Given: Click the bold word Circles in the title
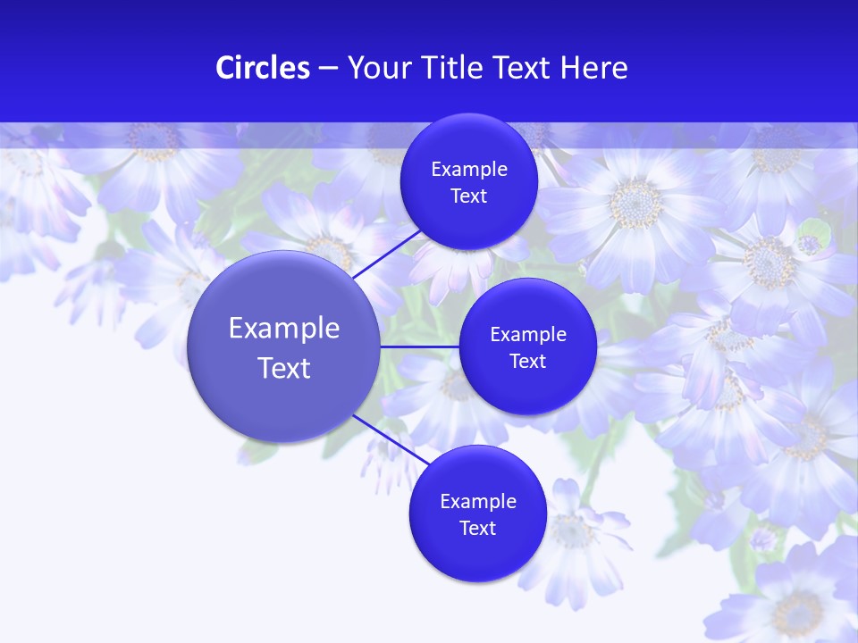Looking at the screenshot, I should (x=263, y=68).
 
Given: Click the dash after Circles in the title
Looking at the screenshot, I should (x=328, y=69).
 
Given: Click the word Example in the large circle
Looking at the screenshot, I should (x=284, y=329).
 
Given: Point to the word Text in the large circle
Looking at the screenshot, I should (x=284, y=368).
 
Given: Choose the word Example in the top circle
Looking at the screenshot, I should (x=468, y=170).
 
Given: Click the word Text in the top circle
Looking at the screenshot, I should (x=468, y=196).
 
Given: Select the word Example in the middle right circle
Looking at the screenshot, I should (x=527, y=335).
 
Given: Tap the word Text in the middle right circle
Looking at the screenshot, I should (x=527, y=362).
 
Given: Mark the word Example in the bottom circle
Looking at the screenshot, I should (x=477, y=502).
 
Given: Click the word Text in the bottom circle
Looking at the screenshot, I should (x=477, y=529).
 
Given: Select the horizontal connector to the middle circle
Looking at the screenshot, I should (x=419, y=347).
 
